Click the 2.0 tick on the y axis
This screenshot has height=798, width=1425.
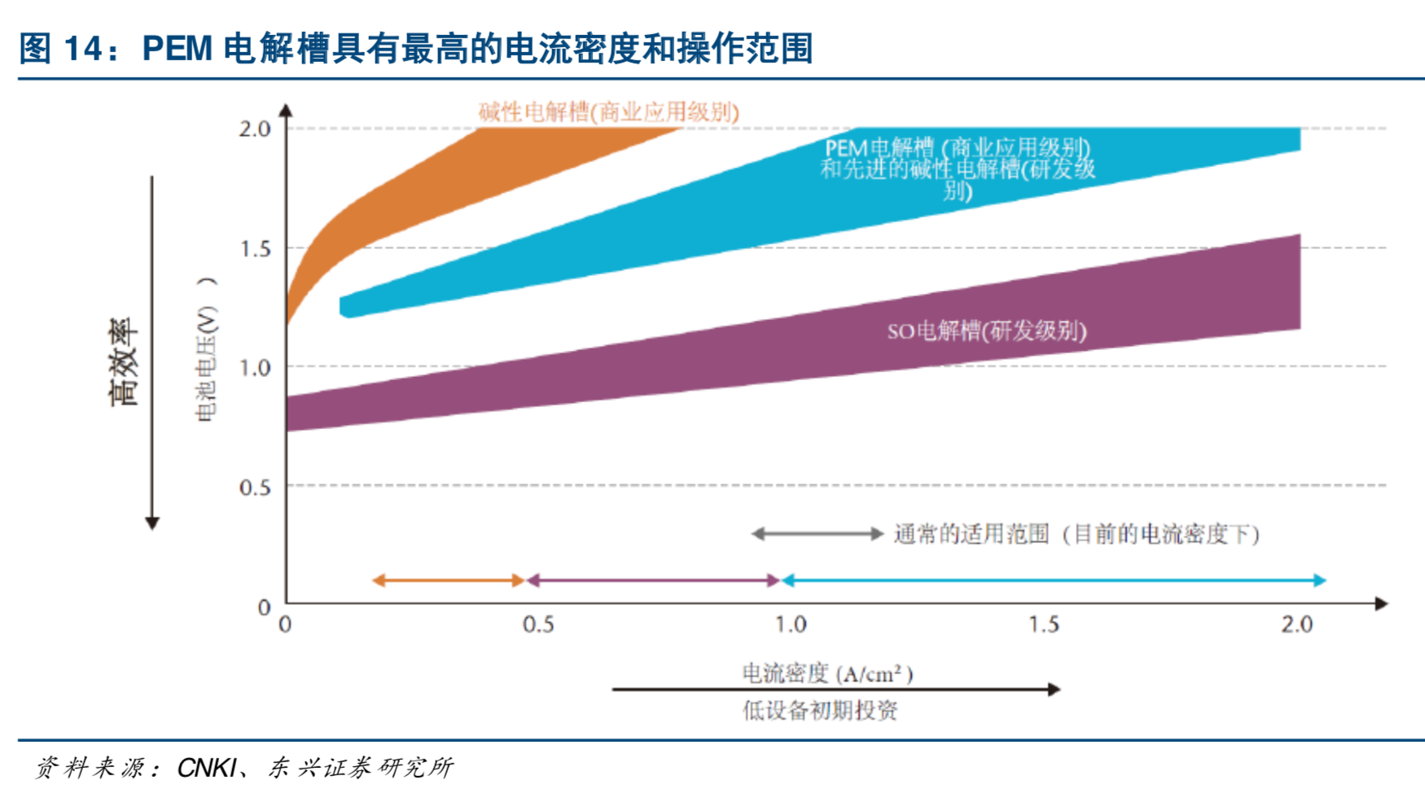[x=254, y=129]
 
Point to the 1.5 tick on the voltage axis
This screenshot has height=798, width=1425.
[x=255, y=248]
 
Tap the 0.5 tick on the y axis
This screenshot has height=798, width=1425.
[x=254, y=487]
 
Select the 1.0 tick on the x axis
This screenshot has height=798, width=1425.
[x=790, y=625]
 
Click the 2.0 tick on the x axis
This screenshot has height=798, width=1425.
[x=1296, y=625]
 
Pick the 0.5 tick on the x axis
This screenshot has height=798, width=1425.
[x=537, y=625]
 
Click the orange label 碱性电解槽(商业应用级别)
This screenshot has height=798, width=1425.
[x=608, y=112]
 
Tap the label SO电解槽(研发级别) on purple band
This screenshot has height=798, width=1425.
[x=986, y=331]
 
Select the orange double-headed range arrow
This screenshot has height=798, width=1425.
[x=448, y=581]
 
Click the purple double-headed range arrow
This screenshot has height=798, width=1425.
[x=653, y=581]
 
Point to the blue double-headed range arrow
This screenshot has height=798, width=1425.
[x=1054, y=581]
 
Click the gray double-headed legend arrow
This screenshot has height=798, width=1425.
[x=817, y=534]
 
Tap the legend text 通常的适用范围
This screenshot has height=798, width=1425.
[x=971, y=534]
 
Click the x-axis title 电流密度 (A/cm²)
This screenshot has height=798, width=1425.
[x=826, y=673]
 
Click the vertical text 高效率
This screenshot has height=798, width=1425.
[x=125, y=362]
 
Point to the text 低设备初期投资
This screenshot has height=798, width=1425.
[x=819, y=710]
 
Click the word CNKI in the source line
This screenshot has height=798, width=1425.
[x=206, y=767]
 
